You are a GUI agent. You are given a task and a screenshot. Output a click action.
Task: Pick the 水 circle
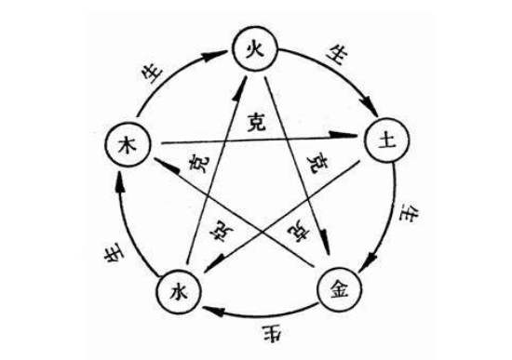[177, 291]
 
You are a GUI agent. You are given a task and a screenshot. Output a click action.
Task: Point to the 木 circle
[127, 144]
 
